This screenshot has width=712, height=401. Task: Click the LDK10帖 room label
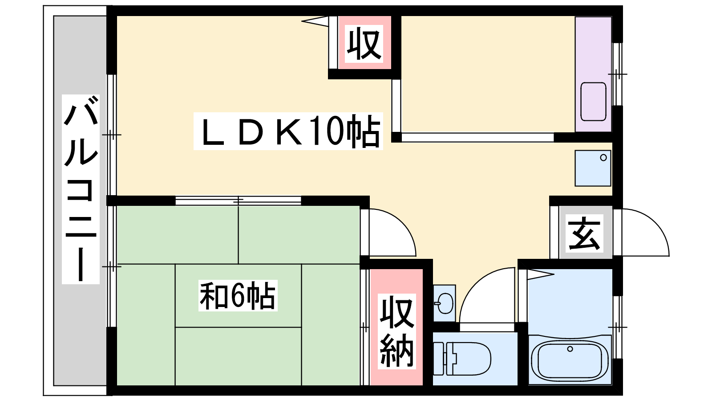288,131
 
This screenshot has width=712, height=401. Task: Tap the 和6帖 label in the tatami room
238,295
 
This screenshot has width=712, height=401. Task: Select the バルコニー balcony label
81,189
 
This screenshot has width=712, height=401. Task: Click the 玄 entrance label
584,233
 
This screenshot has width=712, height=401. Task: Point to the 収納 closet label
396,331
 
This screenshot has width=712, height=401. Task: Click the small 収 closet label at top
364,43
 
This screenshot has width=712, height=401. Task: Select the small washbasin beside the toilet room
444,303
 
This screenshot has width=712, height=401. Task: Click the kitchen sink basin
593,102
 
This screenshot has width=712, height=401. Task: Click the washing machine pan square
592,168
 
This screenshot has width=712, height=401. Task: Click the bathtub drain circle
570,349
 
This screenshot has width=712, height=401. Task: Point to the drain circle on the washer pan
603,158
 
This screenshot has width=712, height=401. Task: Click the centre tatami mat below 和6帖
238,356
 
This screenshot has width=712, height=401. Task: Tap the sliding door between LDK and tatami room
238,201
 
